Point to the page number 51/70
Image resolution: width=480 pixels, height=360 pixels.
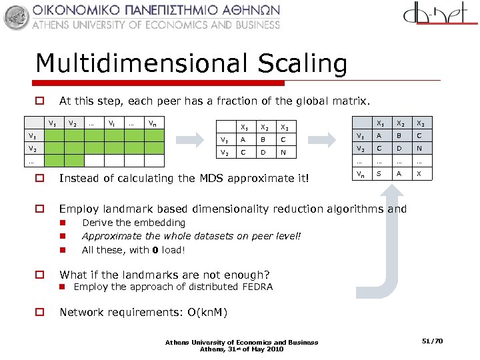433,341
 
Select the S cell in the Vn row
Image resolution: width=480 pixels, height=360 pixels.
380,174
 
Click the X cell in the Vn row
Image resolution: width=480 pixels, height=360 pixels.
419,174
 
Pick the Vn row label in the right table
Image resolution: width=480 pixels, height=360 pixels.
360,174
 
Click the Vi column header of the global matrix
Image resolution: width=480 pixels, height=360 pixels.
113,123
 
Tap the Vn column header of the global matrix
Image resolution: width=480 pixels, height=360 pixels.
153,123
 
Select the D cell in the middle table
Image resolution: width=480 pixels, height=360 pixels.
265,153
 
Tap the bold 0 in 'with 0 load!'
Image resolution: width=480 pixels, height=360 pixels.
154,250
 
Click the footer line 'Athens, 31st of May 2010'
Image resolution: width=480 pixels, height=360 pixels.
241,349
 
